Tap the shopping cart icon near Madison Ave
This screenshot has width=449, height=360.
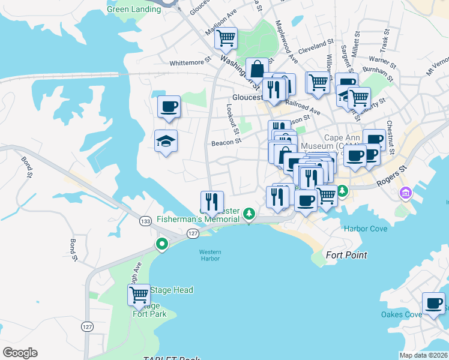point(226,38)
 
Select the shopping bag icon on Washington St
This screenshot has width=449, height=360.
point(257,69)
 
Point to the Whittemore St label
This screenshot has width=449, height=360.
point(191,62)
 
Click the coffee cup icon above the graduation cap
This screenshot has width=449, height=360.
point(169,106)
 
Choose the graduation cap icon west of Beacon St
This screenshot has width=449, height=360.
point(166,141)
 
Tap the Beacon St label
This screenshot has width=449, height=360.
point(226,143)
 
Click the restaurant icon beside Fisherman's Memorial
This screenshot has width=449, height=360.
point(211,201)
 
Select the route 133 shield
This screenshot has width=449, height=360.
point(145,221)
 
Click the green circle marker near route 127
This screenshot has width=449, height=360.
point(161,244)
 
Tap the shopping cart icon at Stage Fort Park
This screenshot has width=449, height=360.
point(139,295)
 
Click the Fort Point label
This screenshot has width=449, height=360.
point(346,255)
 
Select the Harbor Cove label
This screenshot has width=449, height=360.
point(365,228)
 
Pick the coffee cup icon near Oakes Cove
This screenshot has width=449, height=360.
point(433,302)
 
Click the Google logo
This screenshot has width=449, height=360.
point(20,353)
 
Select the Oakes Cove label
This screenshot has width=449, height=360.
point(402,314)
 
